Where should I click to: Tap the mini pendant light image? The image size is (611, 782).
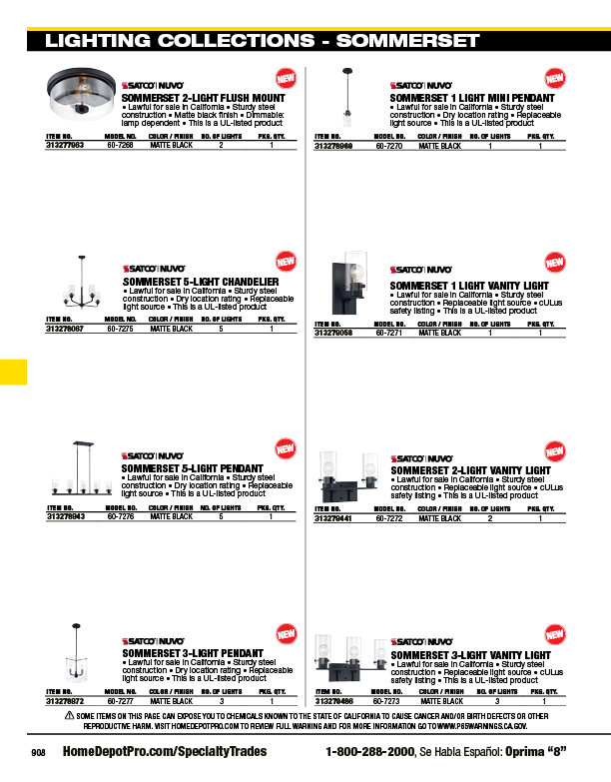347,102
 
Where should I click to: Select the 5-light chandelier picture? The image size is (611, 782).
79,283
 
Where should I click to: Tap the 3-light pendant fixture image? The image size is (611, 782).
74,656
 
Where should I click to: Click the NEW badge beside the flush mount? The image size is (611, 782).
286,78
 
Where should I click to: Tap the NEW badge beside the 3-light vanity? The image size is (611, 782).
555,633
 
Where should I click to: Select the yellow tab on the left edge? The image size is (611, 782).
13,371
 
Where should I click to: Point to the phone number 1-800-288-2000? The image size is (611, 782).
369,751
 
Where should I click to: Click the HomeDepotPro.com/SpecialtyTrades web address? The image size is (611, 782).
165,751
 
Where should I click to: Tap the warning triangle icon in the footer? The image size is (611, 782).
69,717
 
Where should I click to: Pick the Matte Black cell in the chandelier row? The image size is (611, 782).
170,328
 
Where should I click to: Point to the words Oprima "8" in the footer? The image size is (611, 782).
536,751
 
